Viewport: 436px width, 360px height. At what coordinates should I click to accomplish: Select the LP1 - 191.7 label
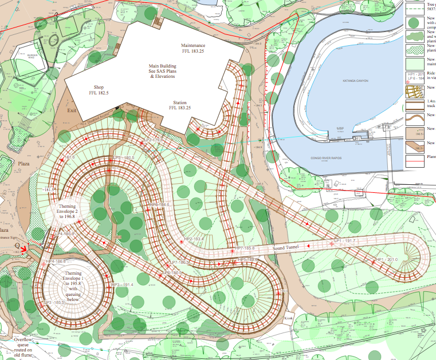tap(344, 242)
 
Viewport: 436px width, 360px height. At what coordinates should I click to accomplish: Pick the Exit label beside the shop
tap(72, 110)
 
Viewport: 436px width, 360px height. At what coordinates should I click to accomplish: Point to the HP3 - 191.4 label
tap(121, 284)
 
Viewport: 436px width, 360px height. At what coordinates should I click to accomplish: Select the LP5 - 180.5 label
tap(123, 157)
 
